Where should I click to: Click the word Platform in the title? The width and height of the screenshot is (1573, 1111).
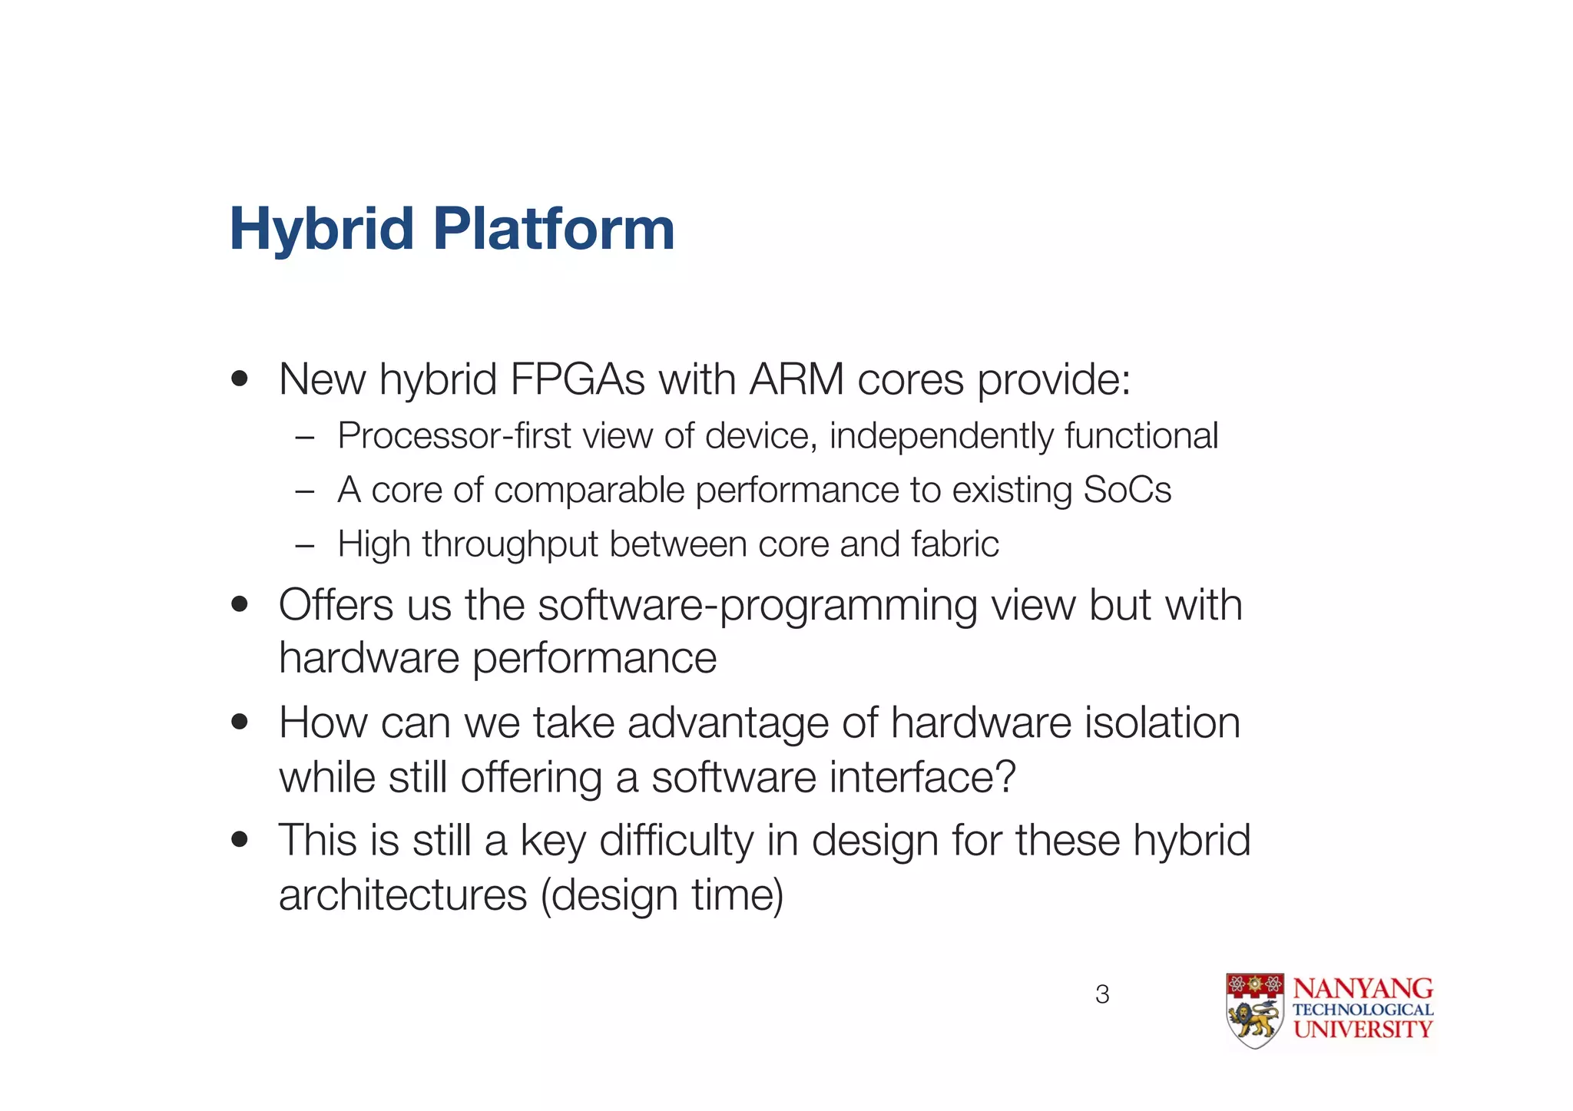point(554,229)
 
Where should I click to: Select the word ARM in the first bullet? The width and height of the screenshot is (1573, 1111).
point(796,379)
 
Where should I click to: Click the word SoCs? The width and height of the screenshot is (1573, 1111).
point(1127,490)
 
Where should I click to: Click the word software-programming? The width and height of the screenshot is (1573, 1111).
point(757,606)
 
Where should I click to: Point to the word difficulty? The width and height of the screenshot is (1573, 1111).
point(676,841)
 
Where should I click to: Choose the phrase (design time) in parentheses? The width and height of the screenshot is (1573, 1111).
point(661,895)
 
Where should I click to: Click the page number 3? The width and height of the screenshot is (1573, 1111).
point(1102,994)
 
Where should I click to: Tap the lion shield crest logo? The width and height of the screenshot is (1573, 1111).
point(1254,1010)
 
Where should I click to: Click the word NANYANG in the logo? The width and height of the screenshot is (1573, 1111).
point(1363,988)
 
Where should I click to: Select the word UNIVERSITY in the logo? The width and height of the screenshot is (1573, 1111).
point(1363,1030)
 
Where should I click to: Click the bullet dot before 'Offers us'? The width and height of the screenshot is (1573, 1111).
point(240,604)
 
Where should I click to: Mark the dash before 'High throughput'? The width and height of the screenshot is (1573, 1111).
point(305,545)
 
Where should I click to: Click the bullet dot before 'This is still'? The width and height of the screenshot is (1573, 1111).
point(240,840)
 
